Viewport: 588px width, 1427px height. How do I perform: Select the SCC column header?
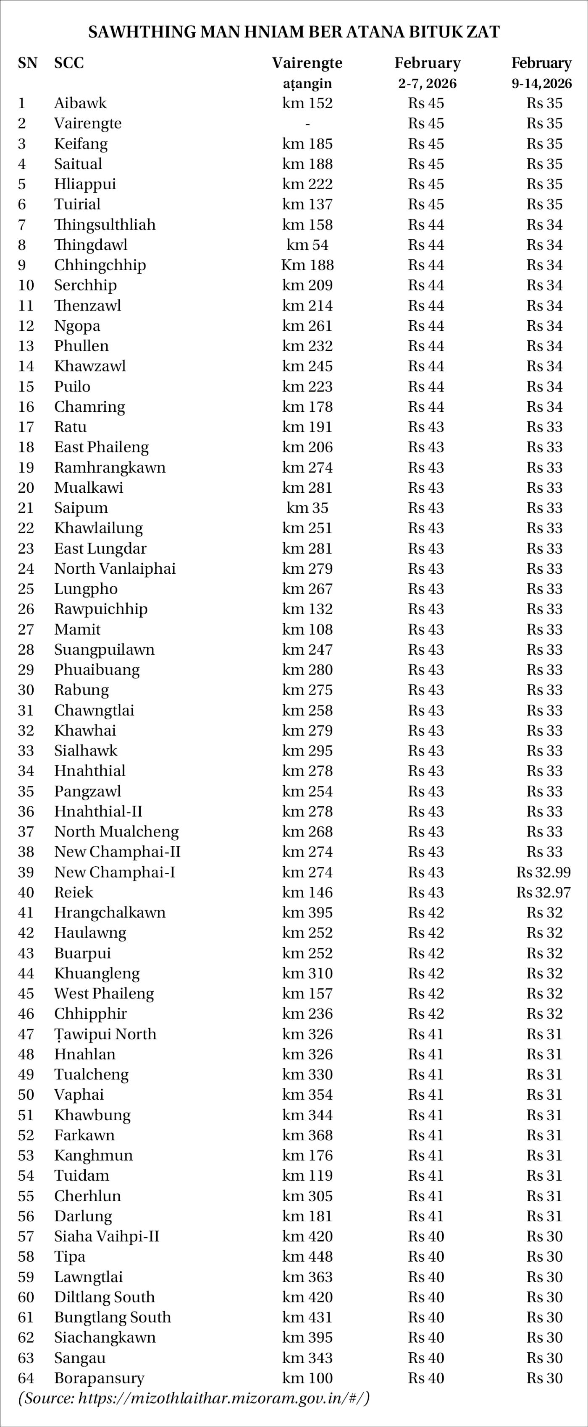point(69,63)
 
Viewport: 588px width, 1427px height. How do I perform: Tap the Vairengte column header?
point(307,63)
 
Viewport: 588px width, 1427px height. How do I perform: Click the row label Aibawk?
point(80,103)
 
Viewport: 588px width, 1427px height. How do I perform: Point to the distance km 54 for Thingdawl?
point(307,245)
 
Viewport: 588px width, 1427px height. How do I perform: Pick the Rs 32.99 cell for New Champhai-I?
point(543,872)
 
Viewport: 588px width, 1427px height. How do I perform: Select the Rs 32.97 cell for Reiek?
point(543,892)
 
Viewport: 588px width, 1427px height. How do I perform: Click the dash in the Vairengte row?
point(307,123)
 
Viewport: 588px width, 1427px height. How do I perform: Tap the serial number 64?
point(26,1378)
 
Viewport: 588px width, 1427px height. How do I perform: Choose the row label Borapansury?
point(99,1378)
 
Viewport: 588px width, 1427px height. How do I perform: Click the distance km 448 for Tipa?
point(307,1256)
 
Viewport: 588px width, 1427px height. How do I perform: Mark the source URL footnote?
point(194,1398)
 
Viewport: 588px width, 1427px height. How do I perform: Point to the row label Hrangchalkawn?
point(110,912)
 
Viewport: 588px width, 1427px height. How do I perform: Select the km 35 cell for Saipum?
point(307,507)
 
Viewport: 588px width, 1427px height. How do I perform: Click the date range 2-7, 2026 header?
point(427,84)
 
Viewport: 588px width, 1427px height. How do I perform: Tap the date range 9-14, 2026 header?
point(541,84)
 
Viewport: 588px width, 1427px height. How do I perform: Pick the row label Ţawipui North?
point(105,1034)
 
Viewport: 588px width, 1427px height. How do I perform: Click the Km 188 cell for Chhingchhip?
point(307,265)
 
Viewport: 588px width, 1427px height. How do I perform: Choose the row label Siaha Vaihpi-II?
point(106,1236)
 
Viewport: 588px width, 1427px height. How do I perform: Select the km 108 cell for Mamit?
point(307,629)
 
